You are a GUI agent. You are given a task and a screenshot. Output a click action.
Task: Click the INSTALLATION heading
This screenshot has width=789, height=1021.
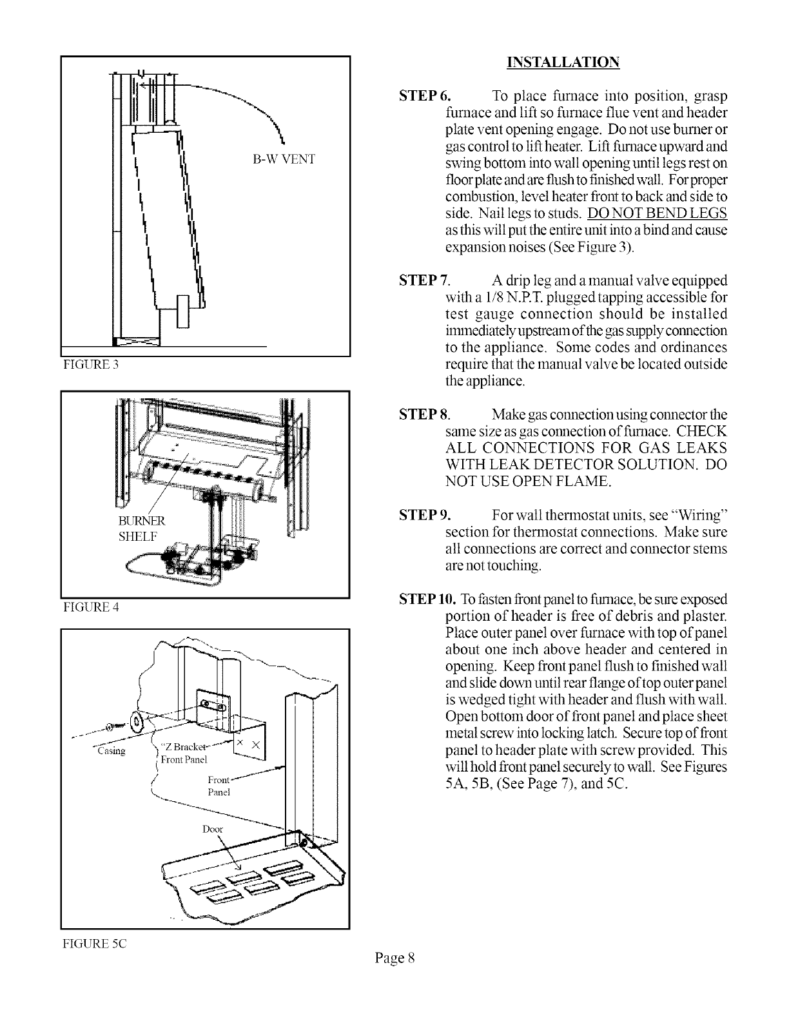563,63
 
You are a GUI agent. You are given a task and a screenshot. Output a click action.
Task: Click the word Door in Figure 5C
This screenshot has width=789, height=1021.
213,829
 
